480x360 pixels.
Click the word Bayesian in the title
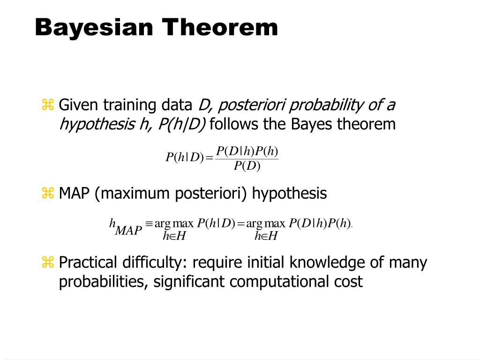[94, 27]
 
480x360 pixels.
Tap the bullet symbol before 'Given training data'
[48, 105]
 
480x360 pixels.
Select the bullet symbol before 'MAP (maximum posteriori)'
[48, 193]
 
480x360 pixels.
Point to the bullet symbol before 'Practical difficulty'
[48, 262]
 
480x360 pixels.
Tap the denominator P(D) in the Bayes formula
[247, 166]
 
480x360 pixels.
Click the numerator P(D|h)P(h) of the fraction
[247, 151]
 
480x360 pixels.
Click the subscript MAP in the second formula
[128, 231]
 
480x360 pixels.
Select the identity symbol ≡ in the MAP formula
[149, 224]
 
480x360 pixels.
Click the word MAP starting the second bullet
[74, 193]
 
